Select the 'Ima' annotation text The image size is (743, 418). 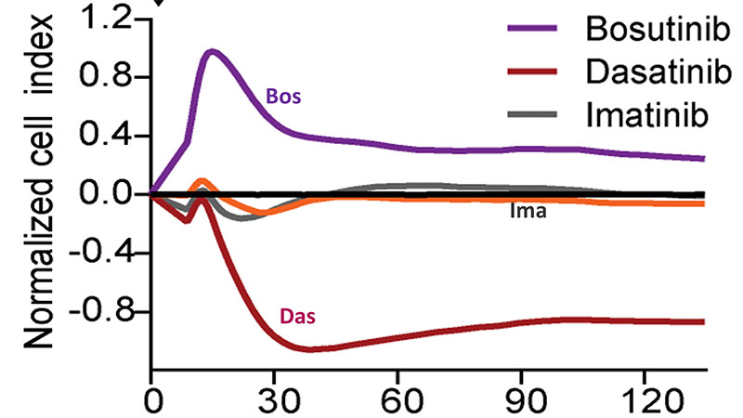click(527, 212)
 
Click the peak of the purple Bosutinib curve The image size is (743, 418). click(213, 51)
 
